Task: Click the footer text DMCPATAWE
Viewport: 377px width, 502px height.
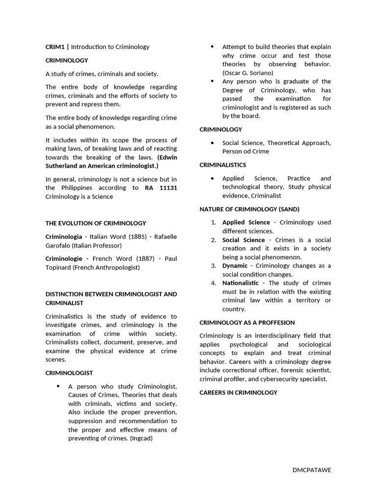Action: pos(312,470)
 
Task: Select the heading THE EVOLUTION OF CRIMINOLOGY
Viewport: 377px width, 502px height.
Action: pos(96,223)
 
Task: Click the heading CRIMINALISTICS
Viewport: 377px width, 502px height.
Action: pos(223,165)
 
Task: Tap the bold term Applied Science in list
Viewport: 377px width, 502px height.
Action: pos(246,222)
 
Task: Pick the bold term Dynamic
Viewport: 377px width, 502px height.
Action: pos(235,266)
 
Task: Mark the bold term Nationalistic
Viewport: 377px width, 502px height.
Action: pos(240,283)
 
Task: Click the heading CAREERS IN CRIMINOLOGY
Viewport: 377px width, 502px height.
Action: pos(239,392)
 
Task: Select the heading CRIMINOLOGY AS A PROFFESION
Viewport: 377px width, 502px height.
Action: pos(247,323)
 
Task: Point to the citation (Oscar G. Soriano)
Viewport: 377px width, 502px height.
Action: pos(248,73)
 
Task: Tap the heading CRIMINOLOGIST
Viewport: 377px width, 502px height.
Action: pos(69,373)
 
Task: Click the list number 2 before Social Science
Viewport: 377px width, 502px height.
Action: pos(214,240)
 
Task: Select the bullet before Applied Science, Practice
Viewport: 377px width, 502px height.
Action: pos(212,178)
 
